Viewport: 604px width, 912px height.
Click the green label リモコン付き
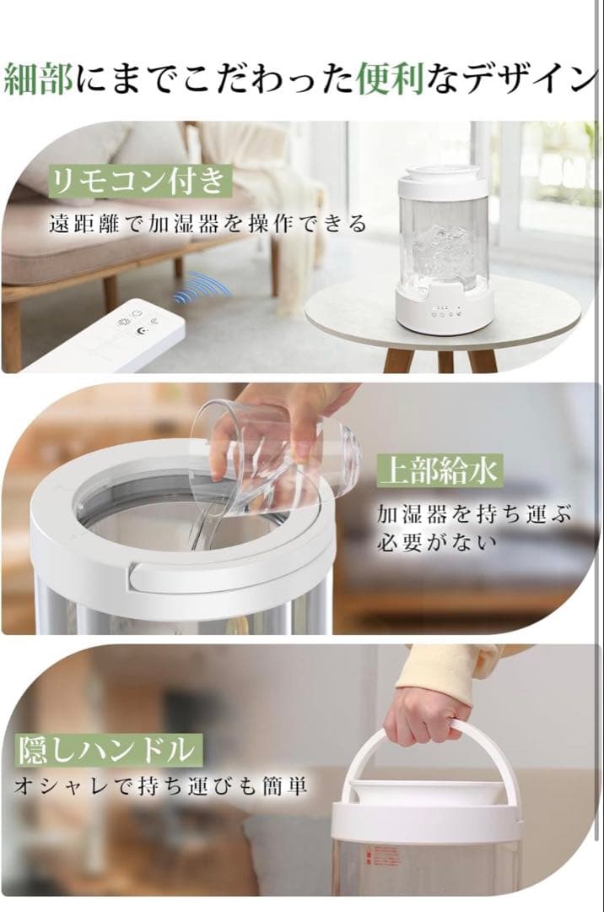[x=138, y=181]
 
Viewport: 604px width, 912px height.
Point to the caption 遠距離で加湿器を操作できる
[x=207, y=224]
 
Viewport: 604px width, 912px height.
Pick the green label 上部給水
[x=438, y=470]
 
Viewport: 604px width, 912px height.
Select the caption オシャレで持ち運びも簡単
[x=160, y=786]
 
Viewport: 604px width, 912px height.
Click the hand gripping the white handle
[x=426, y=714]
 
